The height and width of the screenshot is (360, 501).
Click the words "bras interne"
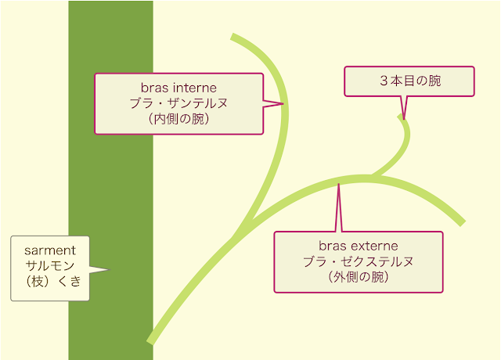click(178, 88)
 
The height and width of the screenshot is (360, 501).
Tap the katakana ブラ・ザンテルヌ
click(178, 103)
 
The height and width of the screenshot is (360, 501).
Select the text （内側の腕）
click(178, 119)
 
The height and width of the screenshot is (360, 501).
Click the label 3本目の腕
click(410, 81)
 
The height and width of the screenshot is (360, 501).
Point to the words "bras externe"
click(359, 246)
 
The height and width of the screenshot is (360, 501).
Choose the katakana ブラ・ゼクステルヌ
click(359, 261)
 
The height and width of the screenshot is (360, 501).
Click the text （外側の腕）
click(359, 277)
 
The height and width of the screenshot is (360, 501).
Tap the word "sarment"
click(50, 250)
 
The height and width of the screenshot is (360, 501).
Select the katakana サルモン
click(50, 265)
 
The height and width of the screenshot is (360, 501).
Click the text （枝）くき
click(52, 281)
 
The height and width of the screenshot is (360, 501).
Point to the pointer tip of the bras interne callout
click(283, 103)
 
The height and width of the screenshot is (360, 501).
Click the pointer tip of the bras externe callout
click(338, 184)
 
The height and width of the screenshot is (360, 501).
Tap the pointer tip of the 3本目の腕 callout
click(404, 120)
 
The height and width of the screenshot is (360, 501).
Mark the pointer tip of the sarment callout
click(110, 269)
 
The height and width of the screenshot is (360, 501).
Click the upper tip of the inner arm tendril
click(232, 36)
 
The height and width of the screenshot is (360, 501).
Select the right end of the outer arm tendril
click(463, 223)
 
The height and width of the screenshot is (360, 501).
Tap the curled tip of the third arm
click(400, 117)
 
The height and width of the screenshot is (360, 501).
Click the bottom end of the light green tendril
click(150, 342)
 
